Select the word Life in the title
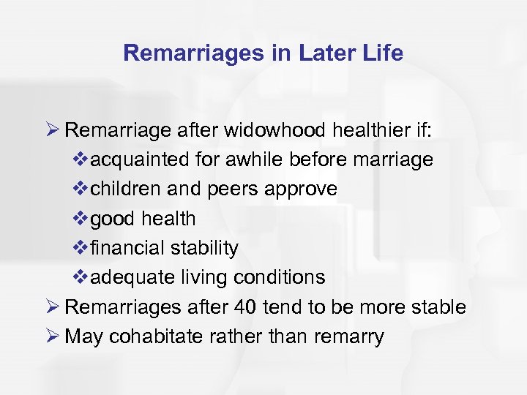click(382, 53)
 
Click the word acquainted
click(136, 159)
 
